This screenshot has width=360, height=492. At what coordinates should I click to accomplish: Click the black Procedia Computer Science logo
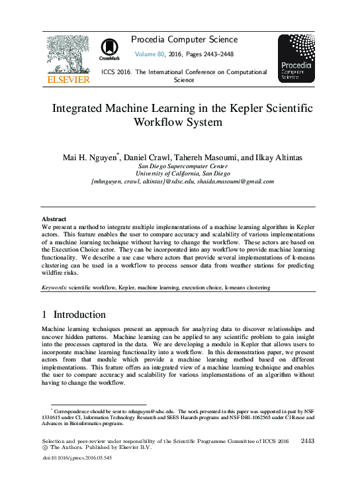tap(296, 58)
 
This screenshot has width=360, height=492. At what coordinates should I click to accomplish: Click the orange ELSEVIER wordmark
tap(68, 79)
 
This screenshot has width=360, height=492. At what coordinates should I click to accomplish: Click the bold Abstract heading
tap(54, 219)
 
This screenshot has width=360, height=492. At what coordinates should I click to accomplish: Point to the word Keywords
tap(54, 288)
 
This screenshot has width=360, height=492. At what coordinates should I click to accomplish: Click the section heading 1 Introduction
tap(73, 315)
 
